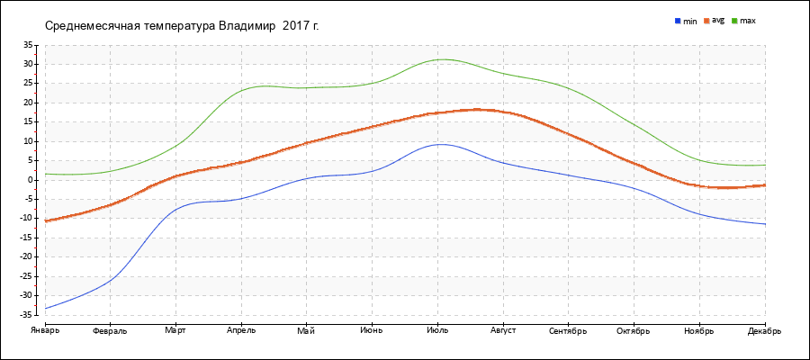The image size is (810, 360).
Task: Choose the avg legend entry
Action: click(x=717, y=20)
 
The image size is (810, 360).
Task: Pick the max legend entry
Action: click(x=747, y=20)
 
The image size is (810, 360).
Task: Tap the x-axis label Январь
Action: click(x=44, y=330)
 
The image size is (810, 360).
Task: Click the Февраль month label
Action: click(x=110, y=330)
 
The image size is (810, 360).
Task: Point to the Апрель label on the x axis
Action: click(x=241, y=330)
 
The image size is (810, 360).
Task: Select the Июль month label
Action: click(x=437, y=330)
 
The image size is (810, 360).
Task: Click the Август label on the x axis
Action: click(x=503, y=330)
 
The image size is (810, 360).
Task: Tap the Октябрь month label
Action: click(x=634, y=330)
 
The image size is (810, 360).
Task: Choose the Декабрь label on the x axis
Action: click(x=764, y=330)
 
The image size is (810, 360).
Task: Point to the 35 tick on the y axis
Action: click(x=28, y=45)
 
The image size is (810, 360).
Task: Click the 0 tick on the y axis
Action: click(x=31, y=180)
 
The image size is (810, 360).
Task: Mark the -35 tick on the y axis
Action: click(x=26, y=315)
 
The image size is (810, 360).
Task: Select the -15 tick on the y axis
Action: click(x=26, y=238)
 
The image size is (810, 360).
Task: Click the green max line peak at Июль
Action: click(x=439, y=59)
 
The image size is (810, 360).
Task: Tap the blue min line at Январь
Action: click(x=46, y=308)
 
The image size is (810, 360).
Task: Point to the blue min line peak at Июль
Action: click(x=439, y=144)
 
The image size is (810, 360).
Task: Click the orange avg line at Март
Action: click(x=176, y=175)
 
